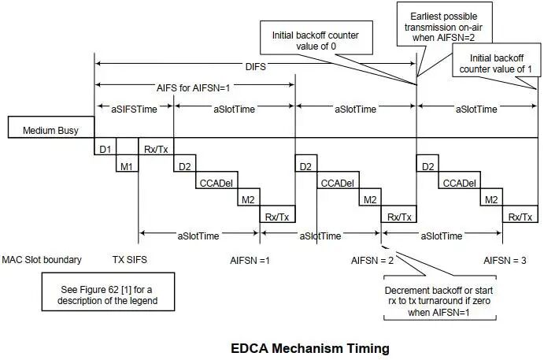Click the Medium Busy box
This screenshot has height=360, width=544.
pos(51,127)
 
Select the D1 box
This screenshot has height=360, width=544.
pos(105,147)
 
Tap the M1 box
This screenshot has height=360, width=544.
pos(127,163)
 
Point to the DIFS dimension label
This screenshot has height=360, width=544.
pos(256,66)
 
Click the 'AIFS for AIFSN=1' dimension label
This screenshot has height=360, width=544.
pos(193,87)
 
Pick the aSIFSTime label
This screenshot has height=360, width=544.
pos(135,109)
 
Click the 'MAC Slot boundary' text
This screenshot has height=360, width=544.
pos(42,260)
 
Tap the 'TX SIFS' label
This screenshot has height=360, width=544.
pos(130,260)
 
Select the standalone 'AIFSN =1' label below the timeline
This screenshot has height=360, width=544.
pos(250,260)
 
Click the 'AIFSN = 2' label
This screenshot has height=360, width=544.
pos(372,260)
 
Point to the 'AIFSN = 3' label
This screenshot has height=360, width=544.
pos(505,260)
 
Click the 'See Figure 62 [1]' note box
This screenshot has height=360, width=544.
pos(108,291)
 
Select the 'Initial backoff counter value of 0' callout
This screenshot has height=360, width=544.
pos(316,38)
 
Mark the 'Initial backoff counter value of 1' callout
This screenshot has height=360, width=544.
pos(497,60)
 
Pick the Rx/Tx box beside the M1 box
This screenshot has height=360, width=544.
pos(156,147)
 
